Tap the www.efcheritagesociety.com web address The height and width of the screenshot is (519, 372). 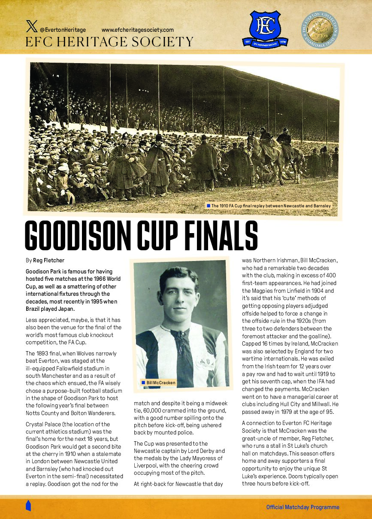pos(137,30)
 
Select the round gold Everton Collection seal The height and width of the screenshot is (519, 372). pos(320,29)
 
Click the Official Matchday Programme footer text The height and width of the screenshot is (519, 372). pos(302,507)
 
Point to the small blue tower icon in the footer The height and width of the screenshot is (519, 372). pos(28,505)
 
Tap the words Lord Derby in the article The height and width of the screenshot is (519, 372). pos(202,451)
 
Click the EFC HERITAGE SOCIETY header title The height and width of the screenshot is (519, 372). pos(109,42)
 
